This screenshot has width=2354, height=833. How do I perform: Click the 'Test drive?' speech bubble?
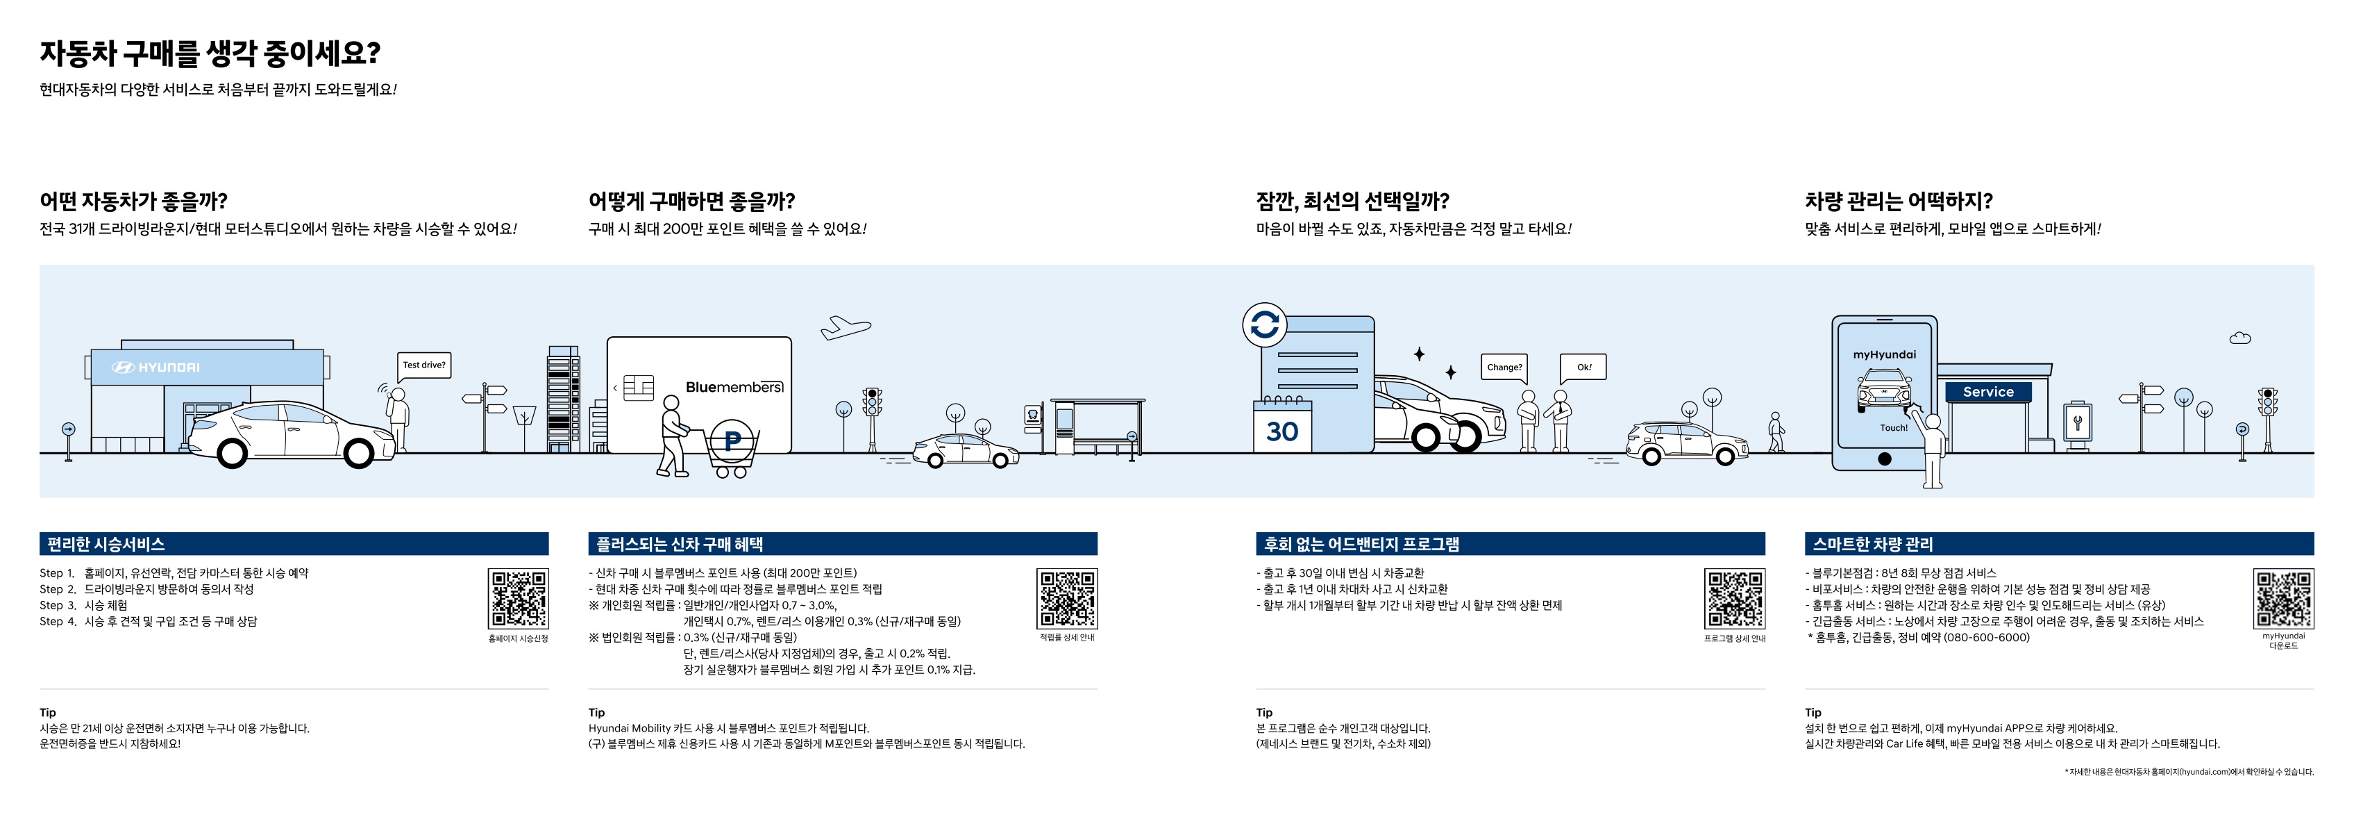[x=424, y=365]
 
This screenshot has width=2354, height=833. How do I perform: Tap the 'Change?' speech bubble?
[x=1504, y=367]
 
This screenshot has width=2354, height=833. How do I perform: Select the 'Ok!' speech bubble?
[x=1583, y=367]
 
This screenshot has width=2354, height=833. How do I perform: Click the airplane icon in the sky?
[x=846, y=327]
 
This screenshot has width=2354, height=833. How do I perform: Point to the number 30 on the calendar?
[x=1282, y=431]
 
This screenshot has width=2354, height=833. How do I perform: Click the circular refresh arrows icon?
[x=1265, y=324]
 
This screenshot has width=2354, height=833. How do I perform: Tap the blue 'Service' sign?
[x=1987, y=391]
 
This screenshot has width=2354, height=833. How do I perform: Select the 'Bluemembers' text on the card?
[x=734, y=387]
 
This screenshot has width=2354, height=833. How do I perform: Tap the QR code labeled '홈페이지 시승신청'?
[x=518, y=598]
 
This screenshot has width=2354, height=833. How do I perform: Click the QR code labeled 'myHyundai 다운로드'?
[x=2282, y=598]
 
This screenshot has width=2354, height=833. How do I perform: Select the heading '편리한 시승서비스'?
[x=106, y=544]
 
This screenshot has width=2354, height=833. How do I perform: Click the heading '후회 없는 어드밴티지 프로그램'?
[x=1361, y=544]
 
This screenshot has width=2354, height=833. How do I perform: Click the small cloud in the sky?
[x=2239, y=338]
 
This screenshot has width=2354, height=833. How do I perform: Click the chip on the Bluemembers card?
[x=638, y=388]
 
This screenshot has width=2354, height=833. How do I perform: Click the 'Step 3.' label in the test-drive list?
[x=58, y=605]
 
